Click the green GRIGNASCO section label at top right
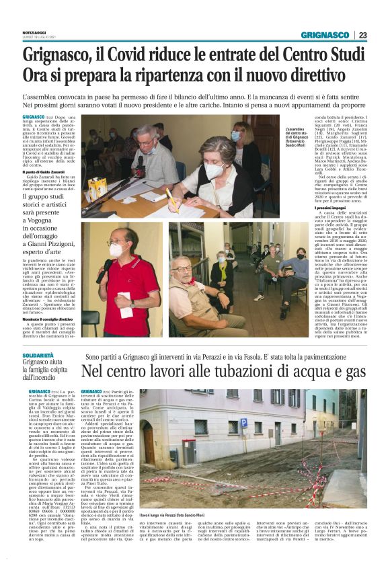point(324,35)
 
